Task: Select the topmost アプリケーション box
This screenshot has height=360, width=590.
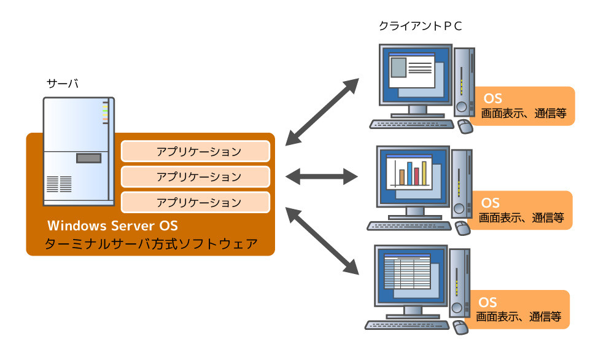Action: tap(195, 151)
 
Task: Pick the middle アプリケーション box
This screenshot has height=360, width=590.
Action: tap(195, 176)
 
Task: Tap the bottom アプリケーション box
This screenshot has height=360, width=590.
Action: tap(195, 202)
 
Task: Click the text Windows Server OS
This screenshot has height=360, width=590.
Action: tap(112, 225)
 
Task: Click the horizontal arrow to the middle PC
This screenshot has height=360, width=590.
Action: tap(321, 177)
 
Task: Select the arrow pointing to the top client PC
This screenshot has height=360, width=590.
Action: tap(323, 110)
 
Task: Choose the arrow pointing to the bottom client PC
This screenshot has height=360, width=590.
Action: tap(323, 242)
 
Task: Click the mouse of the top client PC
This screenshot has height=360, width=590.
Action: tap(465, 127)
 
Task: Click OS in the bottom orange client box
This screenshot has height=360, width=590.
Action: tap(488, 302)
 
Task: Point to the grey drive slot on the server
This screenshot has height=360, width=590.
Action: tap(88, 158)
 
